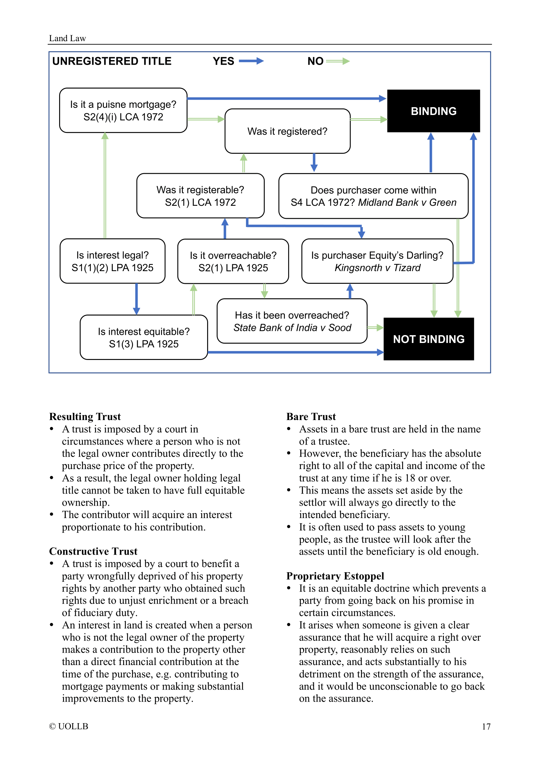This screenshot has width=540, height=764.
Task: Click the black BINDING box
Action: (x=433, y=111)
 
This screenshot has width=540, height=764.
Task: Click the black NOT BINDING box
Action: (x=429, y=339)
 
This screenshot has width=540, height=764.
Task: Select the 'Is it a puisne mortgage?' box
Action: (x=123, y=110)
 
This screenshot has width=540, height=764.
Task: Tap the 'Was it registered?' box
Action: (x=287, y=131)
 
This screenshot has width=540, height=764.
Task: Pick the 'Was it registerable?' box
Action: (x=200, y=196)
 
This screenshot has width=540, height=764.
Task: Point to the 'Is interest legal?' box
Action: (x=112, y=261)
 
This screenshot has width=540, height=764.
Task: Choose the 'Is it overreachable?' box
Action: (x=233, y=261)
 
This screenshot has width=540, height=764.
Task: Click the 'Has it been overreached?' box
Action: (x=292, y=321)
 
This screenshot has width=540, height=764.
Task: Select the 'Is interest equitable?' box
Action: (x=144, y=337)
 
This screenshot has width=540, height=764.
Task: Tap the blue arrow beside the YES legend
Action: (x=251, y=61)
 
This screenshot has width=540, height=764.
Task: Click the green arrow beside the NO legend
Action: (x=338, y=61)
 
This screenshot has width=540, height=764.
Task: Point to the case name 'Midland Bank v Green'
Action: (x=407, y=202)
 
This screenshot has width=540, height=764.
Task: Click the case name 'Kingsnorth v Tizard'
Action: (x=377, y=268)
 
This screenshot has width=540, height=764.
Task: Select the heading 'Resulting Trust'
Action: (x=85, y=416)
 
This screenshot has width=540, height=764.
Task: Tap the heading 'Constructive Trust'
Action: (x=93, y=551)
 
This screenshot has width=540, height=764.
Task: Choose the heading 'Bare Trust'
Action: (x=311, y=416)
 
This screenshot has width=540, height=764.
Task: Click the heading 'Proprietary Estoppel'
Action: (x=335, y=576)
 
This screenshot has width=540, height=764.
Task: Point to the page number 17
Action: (x=486, y=727)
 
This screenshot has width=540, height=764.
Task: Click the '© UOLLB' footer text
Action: (x=69, y=726)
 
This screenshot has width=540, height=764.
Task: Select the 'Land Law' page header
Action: (x=68, y=38)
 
